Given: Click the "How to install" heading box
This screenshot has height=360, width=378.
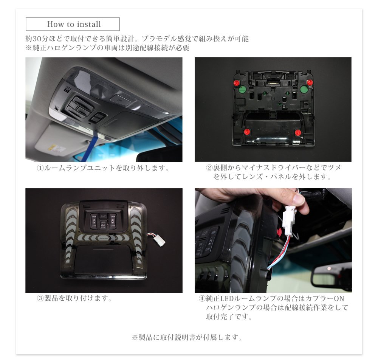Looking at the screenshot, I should pos(73,24).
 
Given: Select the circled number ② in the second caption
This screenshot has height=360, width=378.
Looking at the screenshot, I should pos(209,168).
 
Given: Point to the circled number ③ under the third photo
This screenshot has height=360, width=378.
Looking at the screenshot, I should pos(40,298).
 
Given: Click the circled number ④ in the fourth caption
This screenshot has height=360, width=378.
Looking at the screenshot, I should pos(202,299).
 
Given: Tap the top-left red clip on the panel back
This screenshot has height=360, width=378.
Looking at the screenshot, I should pos(236,82).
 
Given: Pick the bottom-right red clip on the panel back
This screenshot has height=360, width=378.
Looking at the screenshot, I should pos(298,133).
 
